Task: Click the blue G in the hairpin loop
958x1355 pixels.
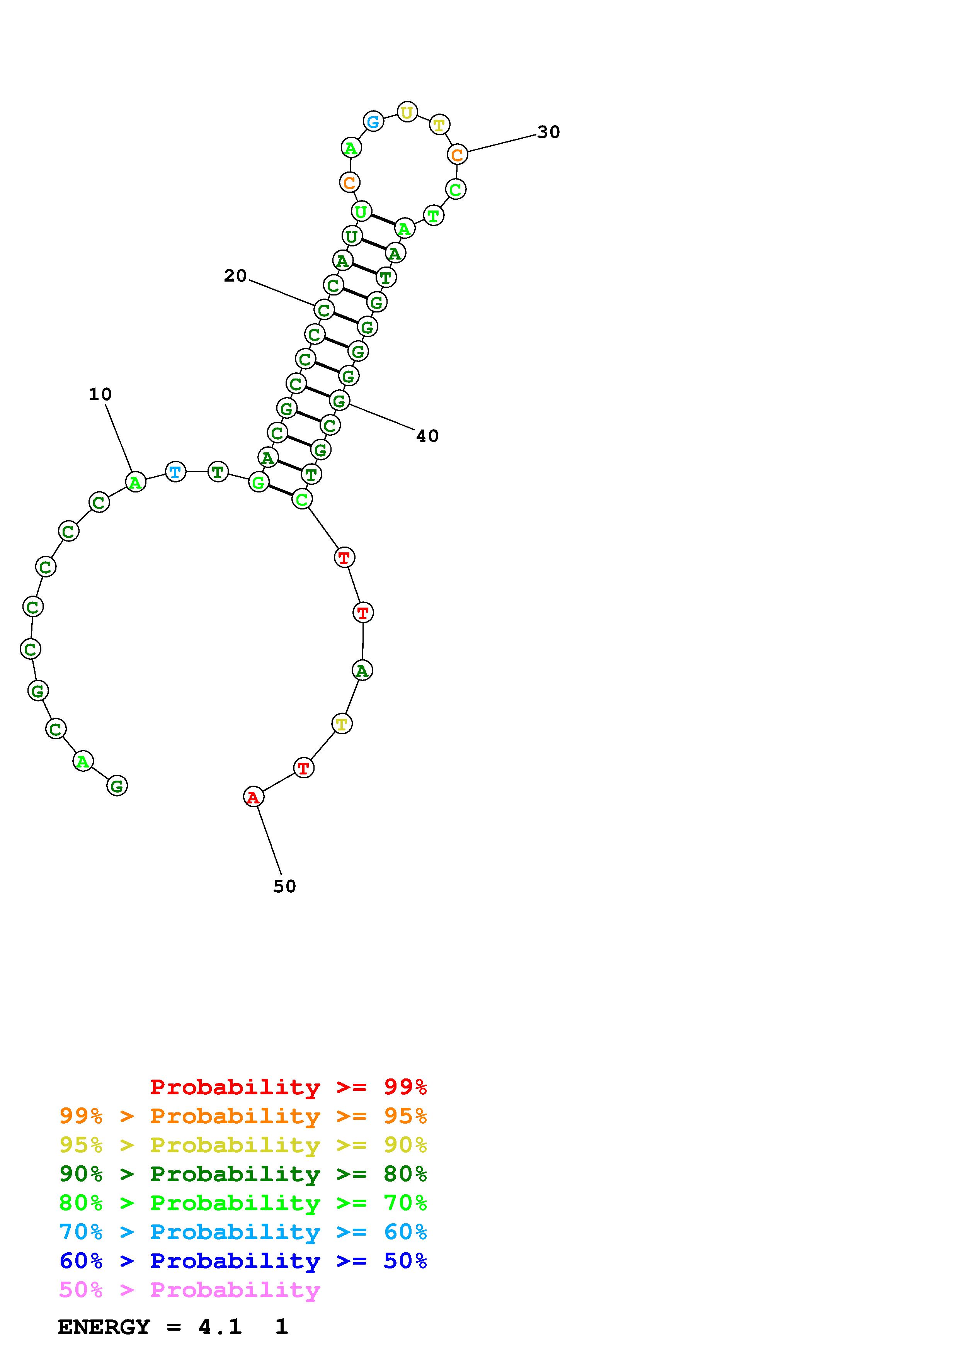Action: pos(373,122)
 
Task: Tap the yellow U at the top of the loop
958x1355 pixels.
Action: pos(407,112)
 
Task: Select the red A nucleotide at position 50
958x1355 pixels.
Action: pos(253,797)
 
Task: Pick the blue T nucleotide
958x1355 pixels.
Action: pos(175,472)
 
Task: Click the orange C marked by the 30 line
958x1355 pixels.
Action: pos(457,155)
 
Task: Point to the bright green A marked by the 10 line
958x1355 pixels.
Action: pos(136,482)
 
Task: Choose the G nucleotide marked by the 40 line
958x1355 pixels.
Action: pos(339,401)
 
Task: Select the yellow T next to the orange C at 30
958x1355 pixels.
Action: pos(439,124)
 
